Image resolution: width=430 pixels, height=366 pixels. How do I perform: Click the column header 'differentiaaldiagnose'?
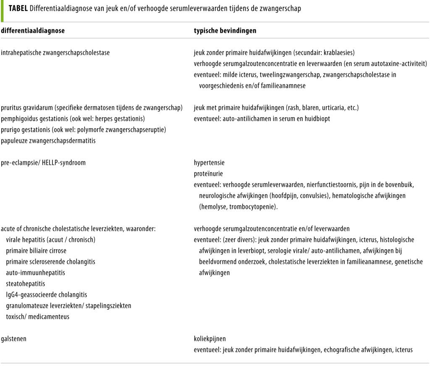pyautogui.click(x=33, y=31)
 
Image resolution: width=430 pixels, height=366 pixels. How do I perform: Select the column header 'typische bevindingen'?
pyautogui.click(x=225, y=31)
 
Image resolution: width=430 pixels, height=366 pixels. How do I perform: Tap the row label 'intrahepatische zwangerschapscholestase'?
pyautogui.click(x=56, y=53)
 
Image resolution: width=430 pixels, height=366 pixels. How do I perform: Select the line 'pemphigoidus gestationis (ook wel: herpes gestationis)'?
pyautogui.click(x=73, y=118)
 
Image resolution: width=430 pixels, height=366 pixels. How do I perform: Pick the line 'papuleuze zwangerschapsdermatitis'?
pyautogui.click(x=48, y=140)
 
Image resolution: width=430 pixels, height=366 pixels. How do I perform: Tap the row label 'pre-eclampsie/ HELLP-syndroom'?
pyautogui.click(x=43, y=163)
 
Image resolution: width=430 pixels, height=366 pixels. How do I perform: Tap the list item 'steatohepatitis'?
pyautogui.click(x=26, y=283)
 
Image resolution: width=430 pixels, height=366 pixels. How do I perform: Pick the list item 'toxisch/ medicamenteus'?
pyautogui.click(x=38, y=316)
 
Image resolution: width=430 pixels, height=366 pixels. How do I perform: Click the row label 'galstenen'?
pyautogui.click(x=14, y=338)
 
